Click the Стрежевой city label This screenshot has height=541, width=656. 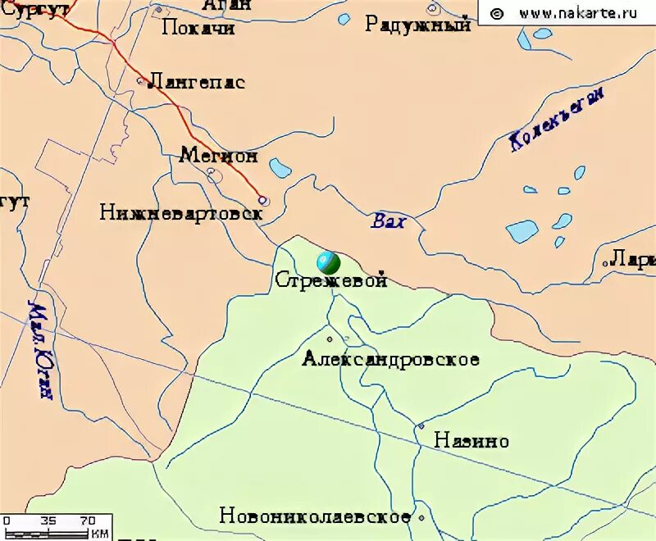tap(330, 280)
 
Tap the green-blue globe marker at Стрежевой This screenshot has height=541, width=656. tap(328, 262)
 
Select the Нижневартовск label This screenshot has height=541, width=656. tap(181, 213)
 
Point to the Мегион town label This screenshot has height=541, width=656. tap(218, 155)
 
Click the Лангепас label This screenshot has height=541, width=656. tap(198, 82)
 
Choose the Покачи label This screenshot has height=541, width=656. tap(198, 29)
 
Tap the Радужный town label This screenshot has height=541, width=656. tap(418, 25)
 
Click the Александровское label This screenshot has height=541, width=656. tap(390, 359)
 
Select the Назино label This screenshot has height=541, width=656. tap(471, 441)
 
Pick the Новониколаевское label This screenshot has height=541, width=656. tap(315, 516)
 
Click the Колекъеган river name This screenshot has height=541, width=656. tap(557, 118)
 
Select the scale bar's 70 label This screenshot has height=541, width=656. tap(88, 521)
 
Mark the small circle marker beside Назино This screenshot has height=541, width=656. tap(421, 426)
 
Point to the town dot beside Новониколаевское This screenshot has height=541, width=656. tap(421, 518)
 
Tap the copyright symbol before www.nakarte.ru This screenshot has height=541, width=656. tap(496, 12)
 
